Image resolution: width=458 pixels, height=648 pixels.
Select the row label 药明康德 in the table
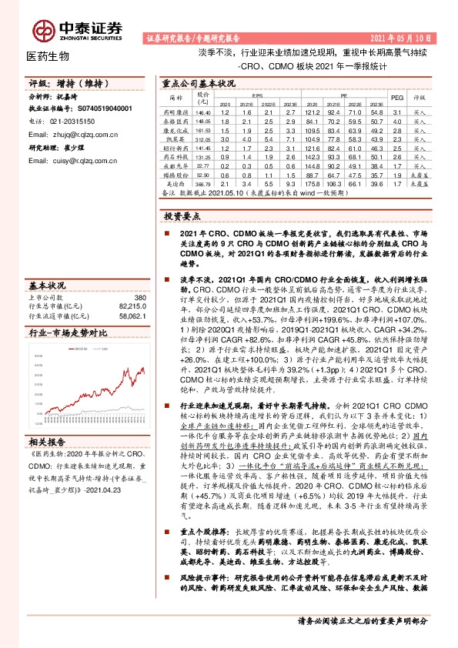click(x=176, y=112)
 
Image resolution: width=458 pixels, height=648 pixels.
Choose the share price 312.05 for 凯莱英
click(x=203, y=139)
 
